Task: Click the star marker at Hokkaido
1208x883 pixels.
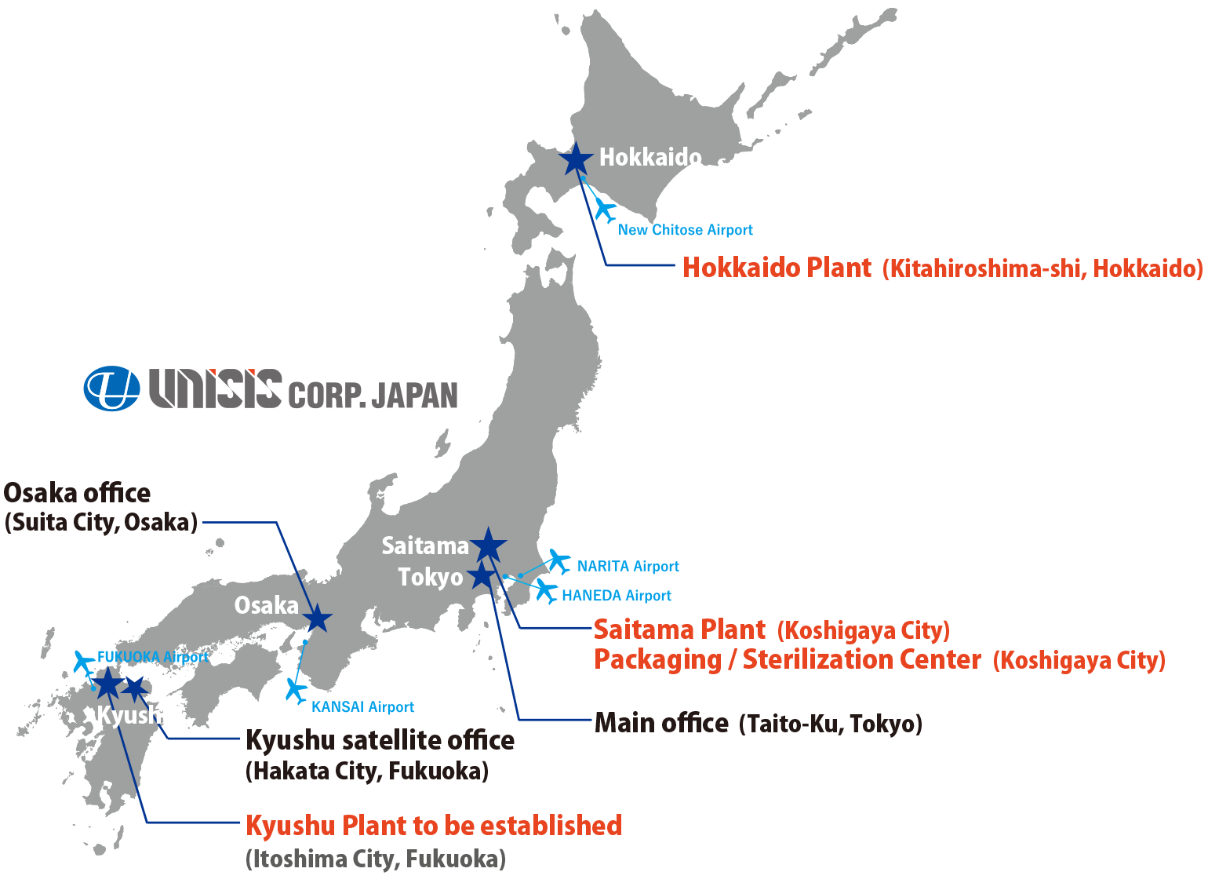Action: point(576,159)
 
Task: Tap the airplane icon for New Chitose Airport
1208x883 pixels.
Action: point(604,209)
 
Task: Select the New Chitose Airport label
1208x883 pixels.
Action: point(685,230)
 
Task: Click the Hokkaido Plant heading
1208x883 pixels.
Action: point(777,268)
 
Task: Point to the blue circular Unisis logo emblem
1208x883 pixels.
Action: point(111,389)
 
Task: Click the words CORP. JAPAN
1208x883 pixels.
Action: point(373,395)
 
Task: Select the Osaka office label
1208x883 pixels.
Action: point(77,493)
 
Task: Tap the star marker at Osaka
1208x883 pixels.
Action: point(317,619)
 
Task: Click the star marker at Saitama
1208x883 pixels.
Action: point(489,544)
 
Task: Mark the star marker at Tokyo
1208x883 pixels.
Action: point(482,575)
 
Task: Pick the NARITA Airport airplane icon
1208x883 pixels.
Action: point(559,560)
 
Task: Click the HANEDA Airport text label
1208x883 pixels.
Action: point(616,596)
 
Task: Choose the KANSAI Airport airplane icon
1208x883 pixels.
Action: point(296,690)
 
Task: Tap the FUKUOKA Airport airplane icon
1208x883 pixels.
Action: point(82,661)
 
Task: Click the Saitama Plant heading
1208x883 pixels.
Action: point(679,629)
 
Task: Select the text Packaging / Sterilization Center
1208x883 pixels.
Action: point(787,659)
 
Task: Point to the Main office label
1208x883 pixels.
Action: point(661,723)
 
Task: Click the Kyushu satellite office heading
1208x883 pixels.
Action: point(380,740)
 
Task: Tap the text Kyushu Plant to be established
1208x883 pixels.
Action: point(434,826)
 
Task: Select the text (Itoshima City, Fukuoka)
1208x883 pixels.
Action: point(376,859)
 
